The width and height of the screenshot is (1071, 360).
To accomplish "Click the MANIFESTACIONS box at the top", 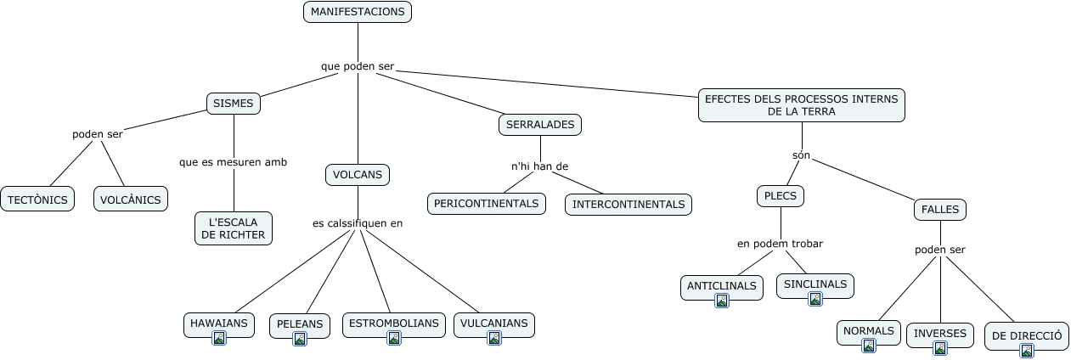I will [x=358, y=12].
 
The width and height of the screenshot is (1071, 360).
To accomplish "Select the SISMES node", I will [x=234, y=104].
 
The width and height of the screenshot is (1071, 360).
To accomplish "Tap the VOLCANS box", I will [x=358, y=175].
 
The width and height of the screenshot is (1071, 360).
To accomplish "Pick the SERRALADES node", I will [x=540, y=125].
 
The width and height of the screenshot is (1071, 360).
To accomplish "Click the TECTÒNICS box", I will [x=37, y=200].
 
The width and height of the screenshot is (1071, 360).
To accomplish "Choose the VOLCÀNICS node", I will [x=130, y=200].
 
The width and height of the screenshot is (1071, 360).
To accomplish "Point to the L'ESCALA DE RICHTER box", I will [x=234, y=228].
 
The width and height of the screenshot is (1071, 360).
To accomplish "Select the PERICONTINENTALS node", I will [x=486, y=204].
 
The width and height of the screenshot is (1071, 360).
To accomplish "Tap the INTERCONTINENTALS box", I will [x=629, y=205].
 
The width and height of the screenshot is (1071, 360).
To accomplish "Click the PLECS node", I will [x=780, y=196].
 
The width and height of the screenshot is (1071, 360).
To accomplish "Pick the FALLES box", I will [x=940, y=209].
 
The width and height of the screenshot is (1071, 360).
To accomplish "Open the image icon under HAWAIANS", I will [x=219, y=338].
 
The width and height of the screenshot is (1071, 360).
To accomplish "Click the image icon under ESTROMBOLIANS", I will [x=394, y=338].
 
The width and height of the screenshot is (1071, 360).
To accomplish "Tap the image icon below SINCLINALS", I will [x=815, y=299].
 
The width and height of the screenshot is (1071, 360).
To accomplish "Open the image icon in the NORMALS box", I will [x=869, y=346].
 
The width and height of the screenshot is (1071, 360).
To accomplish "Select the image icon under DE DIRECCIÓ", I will [x=1027, y=350].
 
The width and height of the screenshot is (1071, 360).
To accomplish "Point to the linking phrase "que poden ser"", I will [x=358, y=66].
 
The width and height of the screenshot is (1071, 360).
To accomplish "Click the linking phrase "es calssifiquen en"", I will [x=358, y=223].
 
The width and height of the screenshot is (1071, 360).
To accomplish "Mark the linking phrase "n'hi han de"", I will [x=539, y=166].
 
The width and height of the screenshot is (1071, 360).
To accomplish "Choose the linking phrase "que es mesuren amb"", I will [x=233, y=161].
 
